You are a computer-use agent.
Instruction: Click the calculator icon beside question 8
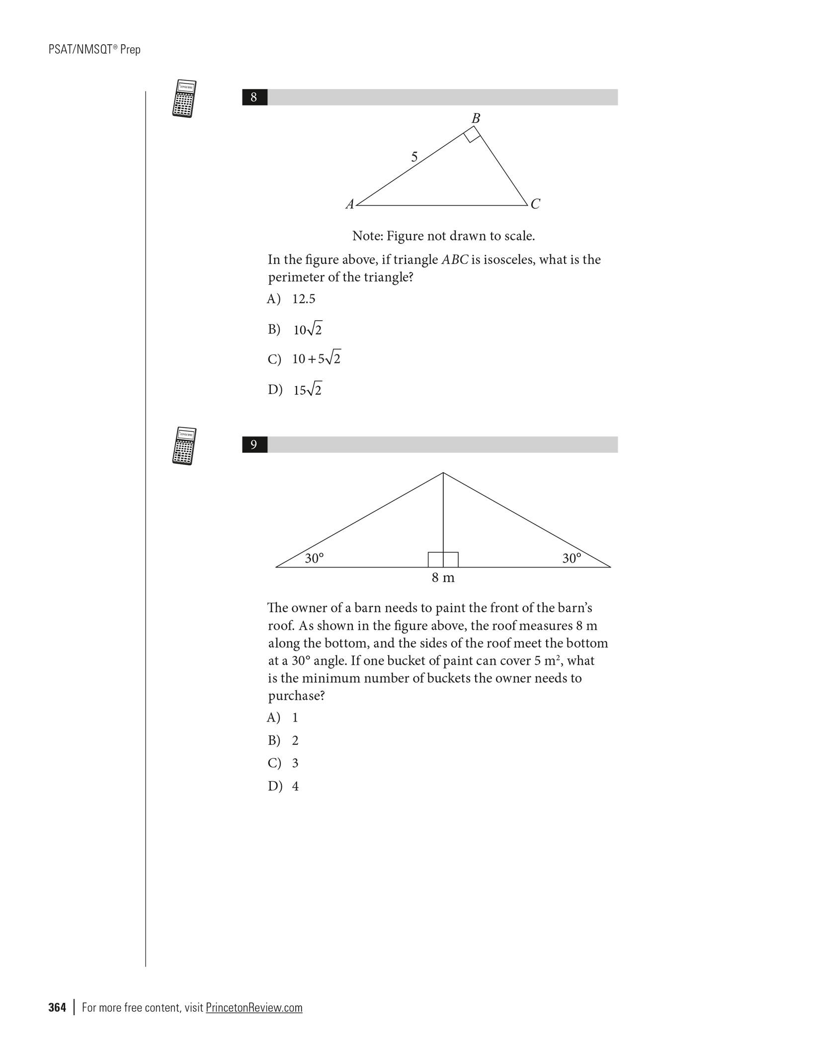point(184,98)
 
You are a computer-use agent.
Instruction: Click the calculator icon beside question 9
point(184,446)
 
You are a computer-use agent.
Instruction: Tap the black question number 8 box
point(254,97)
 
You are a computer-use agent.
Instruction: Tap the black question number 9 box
point(254,445)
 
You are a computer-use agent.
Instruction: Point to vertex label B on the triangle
point(476,119)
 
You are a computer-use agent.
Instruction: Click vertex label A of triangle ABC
point(350,204)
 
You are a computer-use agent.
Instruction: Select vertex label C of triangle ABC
point(535,204)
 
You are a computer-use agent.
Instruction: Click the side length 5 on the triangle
point(414,158)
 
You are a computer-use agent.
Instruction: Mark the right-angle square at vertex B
point(472,134)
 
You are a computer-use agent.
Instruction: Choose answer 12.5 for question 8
point(304,299)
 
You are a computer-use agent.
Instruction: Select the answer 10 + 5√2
point(316,359)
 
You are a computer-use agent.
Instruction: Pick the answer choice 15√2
point(307,390)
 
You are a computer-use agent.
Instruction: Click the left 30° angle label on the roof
point(314,559)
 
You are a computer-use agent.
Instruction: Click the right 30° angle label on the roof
point(571,559)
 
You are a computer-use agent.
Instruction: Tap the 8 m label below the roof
point(443,577)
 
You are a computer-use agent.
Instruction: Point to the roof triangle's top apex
point(443,473)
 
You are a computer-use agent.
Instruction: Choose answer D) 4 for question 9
point(295,786)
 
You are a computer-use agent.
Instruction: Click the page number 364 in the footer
point(57,1007)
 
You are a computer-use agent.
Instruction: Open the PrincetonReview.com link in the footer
point(254,1007)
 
